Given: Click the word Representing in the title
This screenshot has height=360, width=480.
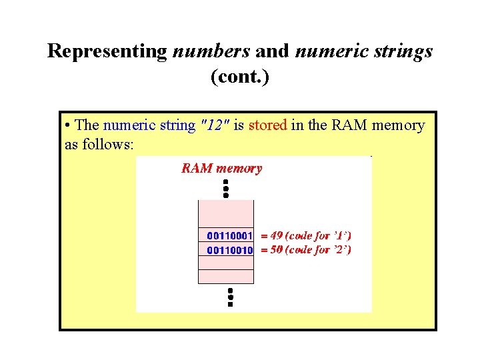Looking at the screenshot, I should coord(106,51).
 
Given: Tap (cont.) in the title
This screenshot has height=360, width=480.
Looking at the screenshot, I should coord(240,77).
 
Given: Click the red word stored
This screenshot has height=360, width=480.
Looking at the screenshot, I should coord(267,125).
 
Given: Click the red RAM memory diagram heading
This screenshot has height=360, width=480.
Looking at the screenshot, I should coord(222,169).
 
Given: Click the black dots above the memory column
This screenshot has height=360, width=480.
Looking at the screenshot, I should coord(226,188).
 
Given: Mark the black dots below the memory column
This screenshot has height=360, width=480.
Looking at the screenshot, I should coord(229,297).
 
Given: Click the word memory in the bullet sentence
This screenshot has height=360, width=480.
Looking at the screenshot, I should coord(399,125).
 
